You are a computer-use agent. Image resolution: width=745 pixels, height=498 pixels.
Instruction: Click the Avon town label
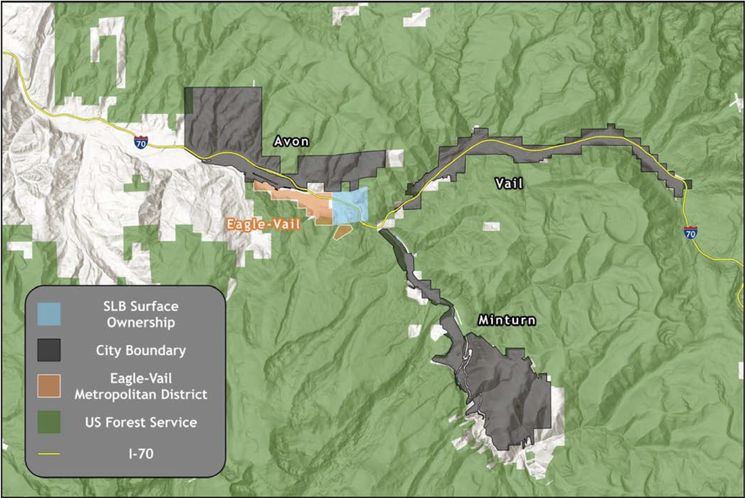pos(291,141)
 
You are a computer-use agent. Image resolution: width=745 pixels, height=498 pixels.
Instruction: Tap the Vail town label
pos(509,183)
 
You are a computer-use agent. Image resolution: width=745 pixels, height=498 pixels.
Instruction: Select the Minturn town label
pos(507,320)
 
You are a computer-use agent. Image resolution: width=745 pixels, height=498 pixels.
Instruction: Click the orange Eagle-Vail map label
pos(263,224)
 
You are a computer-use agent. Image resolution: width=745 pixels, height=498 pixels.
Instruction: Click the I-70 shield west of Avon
pos(141,143)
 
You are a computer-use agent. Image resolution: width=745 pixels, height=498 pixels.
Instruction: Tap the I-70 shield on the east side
pos(690,233)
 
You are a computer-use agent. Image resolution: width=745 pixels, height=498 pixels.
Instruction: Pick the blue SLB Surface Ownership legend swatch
pos(49,314)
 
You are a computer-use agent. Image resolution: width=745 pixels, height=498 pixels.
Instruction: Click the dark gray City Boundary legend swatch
pos(49,350)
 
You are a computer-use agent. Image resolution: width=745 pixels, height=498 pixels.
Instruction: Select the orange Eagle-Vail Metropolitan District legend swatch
pos(49,386)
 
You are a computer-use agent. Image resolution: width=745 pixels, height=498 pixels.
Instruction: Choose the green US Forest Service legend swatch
pos(49,422)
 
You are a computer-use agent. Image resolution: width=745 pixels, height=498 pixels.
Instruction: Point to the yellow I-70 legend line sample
pos(49,454)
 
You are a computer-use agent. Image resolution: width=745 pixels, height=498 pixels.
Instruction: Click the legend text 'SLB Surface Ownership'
pos(141,314)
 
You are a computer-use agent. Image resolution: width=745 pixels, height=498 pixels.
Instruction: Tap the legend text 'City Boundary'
pos(141,350)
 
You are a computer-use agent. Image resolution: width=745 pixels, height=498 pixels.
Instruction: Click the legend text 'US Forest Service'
pos(141,422)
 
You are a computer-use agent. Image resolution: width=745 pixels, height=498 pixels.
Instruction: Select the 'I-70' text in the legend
pos(141,454)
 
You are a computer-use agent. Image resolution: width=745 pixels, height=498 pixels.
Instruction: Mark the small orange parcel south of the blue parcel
pos(342,232)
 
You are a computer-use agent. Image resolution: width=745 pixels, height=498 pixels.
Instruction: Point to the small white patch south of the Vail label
pos(491,227)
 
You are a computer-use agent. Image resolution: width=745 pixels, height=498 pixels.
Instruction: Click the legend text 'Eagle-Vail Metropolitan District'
pos(141,386)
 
